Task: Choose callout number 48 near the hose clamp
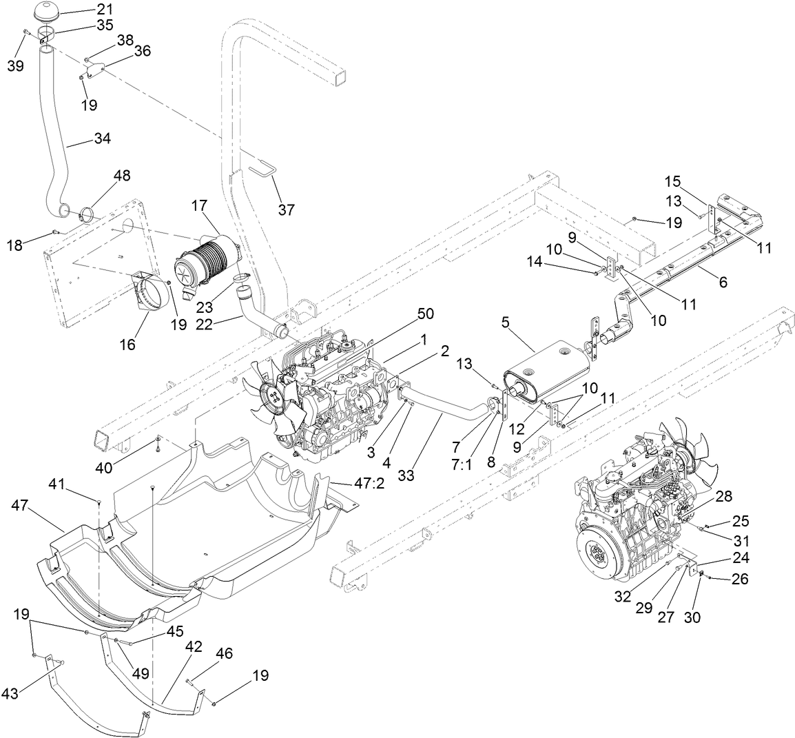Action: click(121, 176)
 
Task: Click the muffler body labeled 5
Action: click(544, 372)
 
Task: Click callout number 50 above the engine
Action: click(425, 314)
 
